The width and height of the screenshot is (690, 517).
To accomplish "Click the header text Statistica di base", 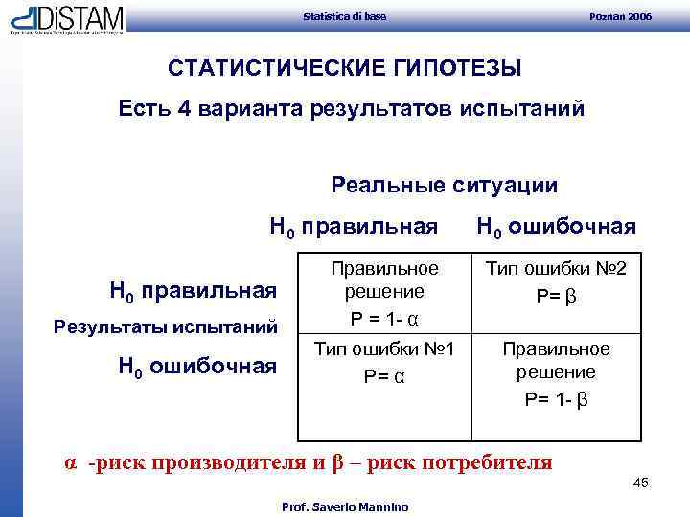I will point(344,17).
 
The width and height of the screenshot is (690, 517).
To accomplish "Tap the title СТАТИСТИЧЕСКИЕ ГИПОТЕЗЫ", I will point(345,69).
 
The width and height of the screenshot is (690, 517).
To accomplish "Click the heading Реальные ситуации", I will point(444,184).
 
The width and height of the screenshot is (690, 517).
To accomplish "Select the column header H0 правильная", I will point(354,227).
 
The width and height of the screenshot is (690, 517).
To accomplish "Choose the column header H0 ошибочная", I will point(556,227).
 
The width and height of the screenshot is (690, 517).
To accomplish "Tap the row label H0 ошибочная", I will point(197,364).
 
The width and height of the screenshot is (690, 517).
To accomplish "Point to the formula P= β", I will point(557,298).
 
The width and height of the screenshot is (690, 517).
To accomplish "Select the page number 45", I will point(640,483).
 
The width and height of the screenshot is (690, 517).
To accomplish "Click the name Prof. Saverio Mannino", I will point(344,506).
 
